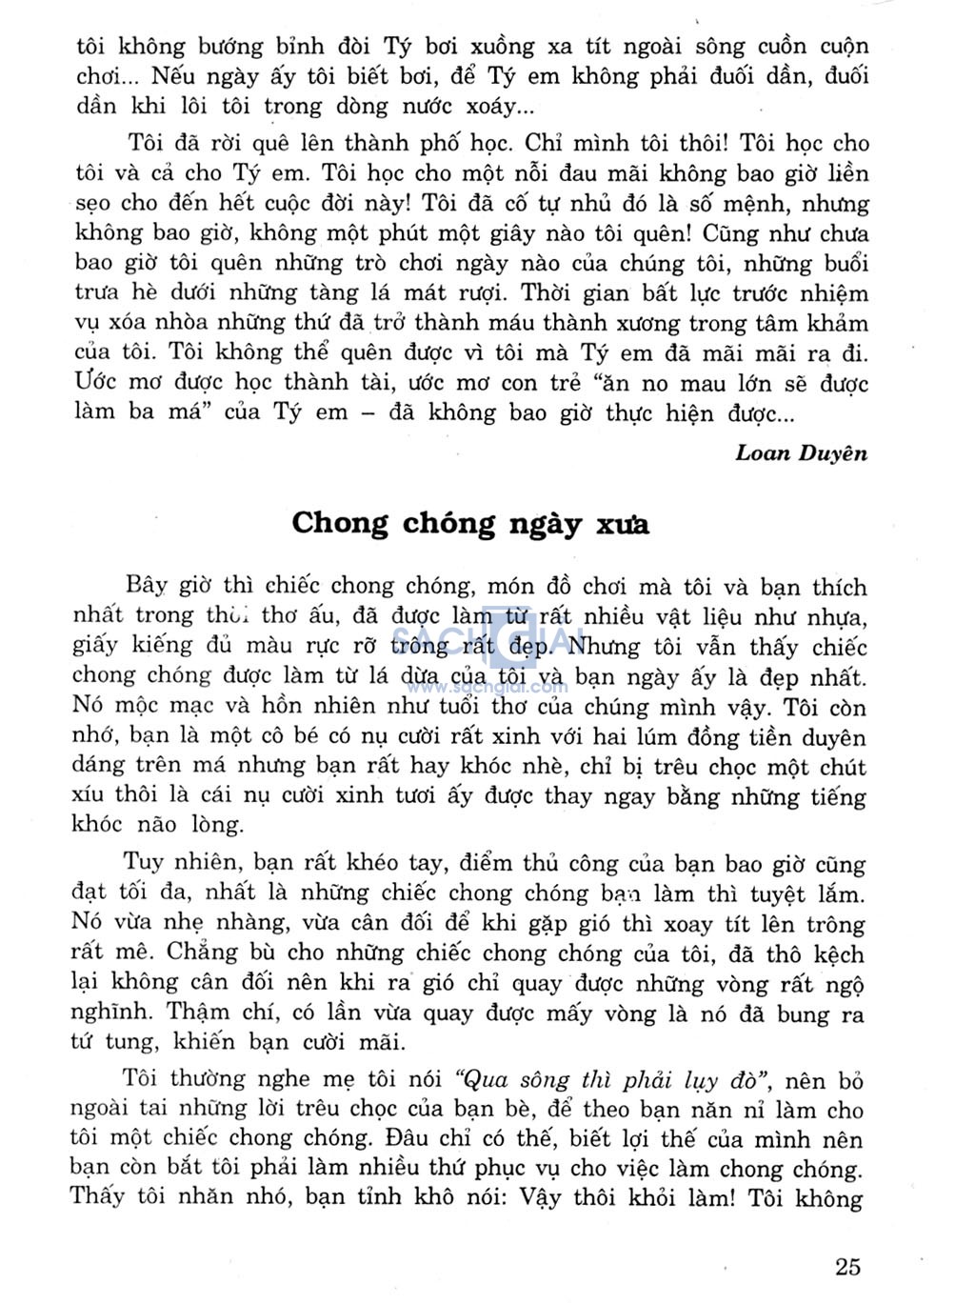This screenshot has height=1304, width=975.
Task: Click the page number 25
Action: [847, 1266]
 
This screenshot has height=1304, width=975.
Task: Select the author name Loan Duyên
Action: [801, 452]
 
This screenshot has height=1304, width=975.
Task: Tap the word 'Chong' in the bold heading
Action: [340, 523]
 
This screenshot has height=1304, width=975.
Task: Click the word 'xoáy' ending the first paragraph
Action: [499, 106]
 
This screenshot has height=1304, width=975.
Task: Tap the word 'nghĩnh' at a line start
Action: [107, 1013]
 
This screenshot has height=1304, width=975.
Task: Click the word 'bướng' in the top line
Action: [224, 46]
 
